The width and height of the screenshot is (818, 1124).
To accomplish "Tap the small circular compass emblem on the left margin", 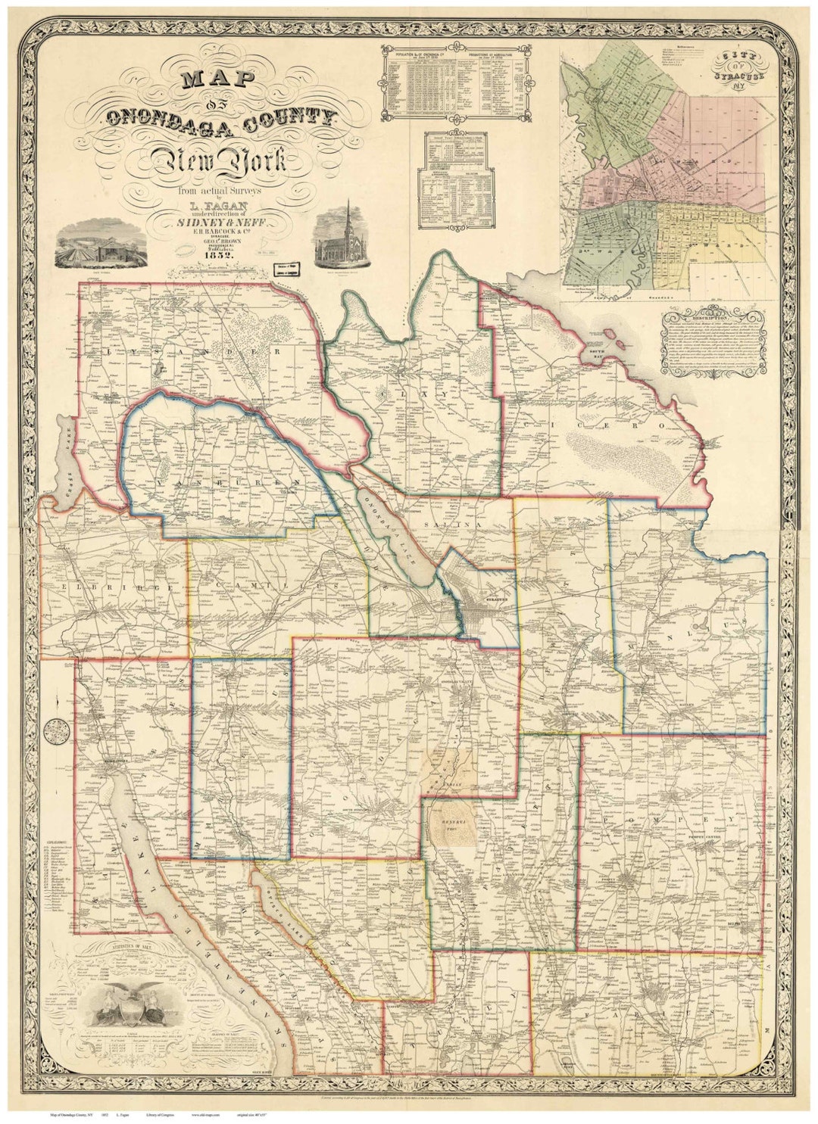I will [x=55, y=733].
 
